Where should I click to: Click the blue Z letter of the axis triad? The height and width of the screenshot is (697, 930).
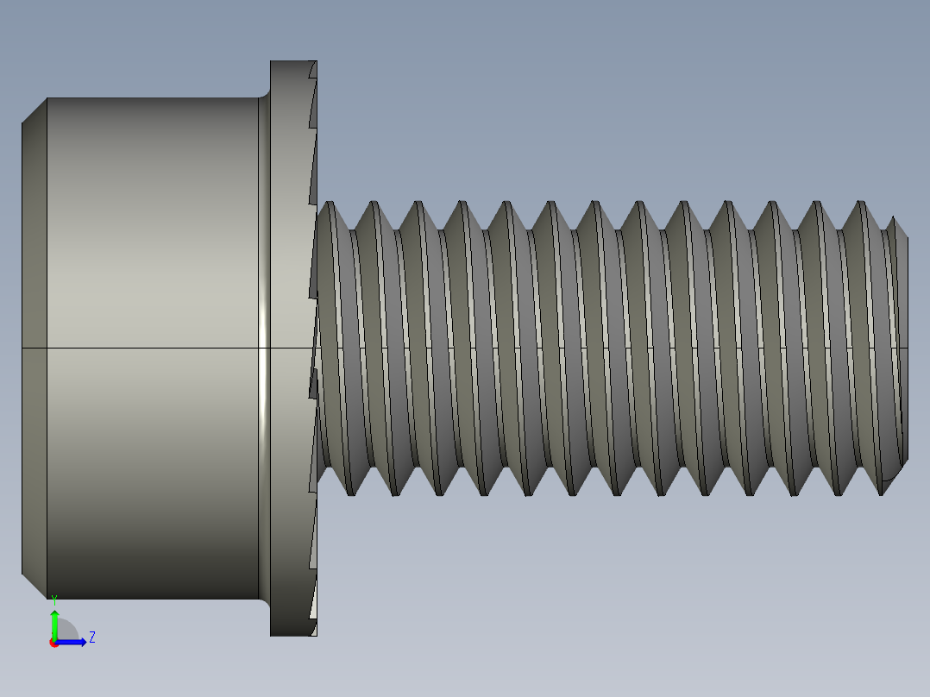point(92,637)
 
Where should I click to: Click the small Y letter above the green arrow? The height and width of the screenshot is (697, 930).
point(54,598)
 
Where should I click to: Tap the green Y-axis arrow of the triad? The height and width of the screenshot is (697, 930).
point(54,621)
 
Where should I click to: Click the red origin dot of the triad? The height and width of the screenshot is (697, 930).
point(53,643)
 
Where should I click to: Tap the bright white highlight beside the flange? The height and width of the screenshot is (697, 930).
point(263,345)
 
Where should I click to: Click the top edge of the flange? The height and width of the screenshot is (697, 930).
point(293,61)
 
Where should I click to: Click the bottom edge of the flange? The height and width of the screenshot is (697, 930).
point(293,636)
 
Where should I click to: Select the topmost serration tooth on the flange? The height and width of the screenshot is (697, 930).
point(311,81)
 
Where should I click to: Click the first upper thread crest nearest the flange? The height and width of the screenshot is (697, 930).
point(330,204)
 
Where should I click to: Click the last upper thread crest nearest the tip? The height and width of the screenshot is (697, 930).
point(859,204)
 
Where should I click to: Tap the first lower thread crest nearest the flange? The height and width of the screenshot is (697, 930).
point(350,493)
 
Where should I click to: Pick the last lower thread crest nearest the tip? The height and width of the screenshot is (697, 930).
point(881,493)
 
